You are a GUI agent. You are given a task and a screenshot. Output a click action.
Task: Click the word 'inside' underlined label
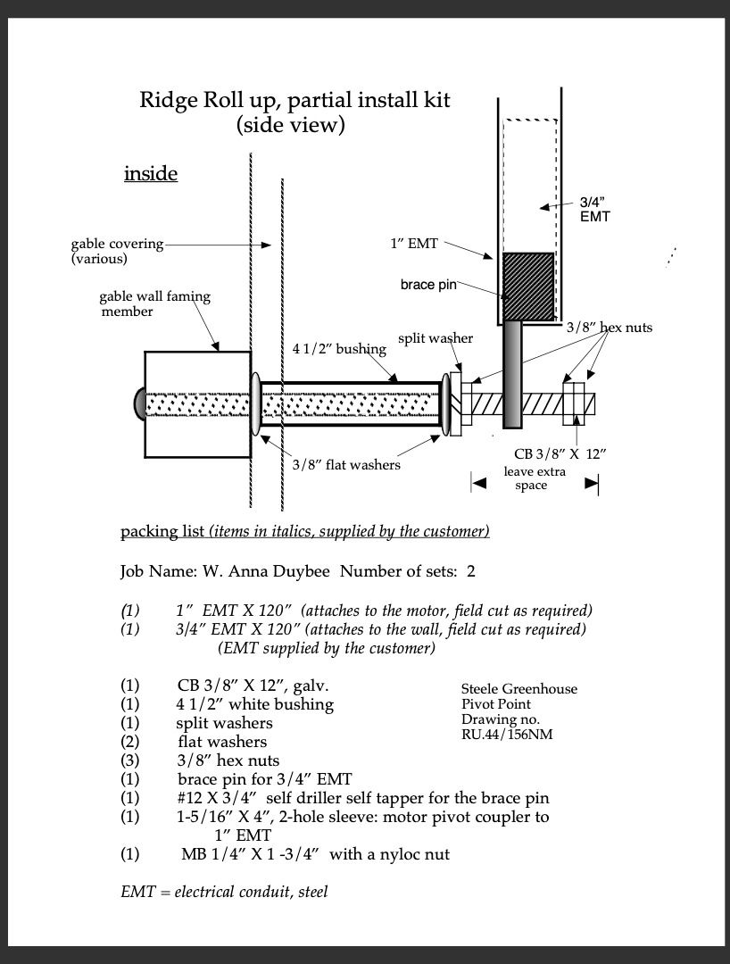click(x=151, y=173)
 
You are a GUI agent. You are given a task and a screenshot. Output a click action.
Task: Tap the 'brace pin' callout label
click(x=428, y=285)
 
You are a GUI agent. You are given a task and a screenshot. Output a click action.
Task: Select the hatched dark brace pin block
click(x=528, y=287)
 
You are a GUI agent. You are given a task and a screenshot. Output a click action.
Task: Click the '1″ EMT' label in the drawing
click(x=413, y=243)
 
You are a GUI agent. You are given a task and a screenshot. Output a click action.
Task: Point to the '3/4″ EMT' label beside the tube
click(x=594, y=209)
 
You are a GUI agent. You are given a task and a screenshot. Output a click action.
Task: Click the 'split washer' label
click(x=435, y=338)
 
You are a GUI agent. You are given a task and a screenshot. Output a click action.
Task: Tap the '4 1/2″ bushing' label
click(x=339, y=348)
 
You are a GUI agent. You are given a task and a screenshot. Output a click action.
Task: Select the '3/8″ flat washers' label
click(x=346, y=464)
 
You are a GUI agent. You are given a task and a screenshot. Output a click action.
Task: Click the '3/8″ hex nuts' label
click(x=609, y=328)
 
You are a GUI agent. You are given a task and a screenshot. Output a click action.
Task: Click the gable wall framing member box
click(x=197, y=404)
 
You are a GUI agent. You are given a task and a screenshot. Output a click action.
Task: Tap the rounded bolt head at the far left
click(x=140, y=403)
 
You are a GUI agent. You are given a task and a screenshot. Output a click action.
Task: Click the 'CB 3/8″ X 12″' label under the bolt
click(x=560, y=453)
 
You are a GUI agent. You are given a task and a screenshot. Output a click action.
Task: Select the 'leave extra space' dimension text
click(x=533, y=478)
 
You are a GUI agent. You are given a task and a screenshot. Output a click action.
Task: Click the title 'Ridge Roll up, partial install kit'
click(x=294, y=100)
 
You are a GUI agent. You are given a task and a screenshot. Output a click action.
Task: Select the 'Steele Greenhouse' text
click(x=518, y=689)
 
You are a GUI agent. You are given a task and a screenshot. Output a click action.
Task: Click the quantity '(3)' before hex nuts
click(x=130, y=760)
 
